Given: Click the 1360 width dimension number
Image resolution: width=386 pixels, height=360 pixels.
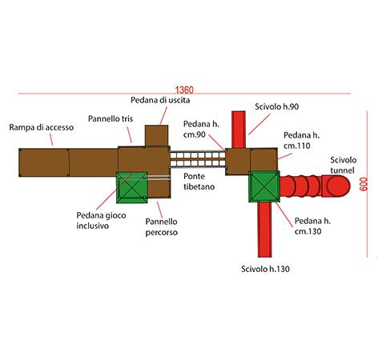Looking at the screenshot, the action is click(x=184, y=90).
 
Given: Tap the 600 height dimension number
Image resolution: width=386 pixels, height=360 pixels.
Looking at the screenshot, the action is click(x=364, y=184).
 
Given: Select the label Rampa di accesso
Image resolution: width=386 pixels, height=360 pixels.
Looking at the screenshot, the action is click(x=42, y=127).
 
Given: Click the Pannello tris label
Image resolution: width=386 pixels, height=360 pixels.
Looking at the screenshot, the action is click(x=111, y=118).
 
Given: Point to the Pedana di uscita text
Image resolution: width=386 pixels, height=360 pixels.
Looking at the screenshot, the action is click(x=160, y=100).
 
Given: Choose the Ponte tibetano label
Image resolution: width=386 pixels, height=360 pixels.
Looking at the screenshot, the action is click(x=199, y=182).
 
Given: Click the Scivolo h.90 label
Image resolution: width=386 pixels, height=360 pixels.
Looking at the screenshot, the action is click(x=277, y=106).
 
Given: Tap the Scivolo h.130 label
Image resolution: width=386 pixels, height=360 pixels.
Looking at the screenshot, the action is click(x=265, y=269).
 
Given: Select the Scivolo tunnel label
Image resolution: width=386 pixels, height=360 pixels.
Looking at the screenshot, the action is click(x=344, y=165).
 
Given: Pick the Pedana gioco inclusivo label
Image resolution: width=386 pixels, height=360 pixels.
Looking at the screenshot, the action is click(x=101, y=221).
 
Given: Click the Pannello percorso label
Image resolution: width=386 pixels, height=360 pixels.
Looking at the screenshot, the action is click(x=162, y=227).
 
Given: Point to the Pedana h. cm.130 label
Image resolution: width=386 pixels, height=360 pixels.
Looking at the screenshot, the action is click(x=312, y=226).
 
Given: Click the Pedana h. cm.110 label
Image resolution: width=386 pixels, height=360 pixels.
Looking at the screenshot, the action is click(x=301, y=141).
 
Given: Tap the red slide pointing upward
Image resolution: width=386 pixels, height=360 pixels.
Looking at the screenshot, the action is click(x=239, y=130).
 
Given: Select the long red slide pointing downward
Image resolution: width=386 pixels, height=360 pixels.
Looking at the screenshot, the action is click(x=264, y=230).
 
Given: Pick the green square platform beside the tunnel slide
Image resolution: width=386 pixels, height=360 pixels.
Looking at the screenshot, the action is click(x=264, y=186).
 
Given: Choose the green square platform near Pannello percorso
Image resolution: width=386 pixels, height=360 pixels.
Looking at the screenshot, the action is click(x=132, y=187).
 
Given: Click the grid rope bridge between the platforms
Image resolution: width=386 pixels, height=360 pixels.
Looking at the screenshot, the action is click(x=198, y=159).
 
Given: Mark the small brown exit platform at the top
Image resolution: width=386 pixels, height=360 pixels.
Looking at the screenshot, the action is click(x=156, y=136).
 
